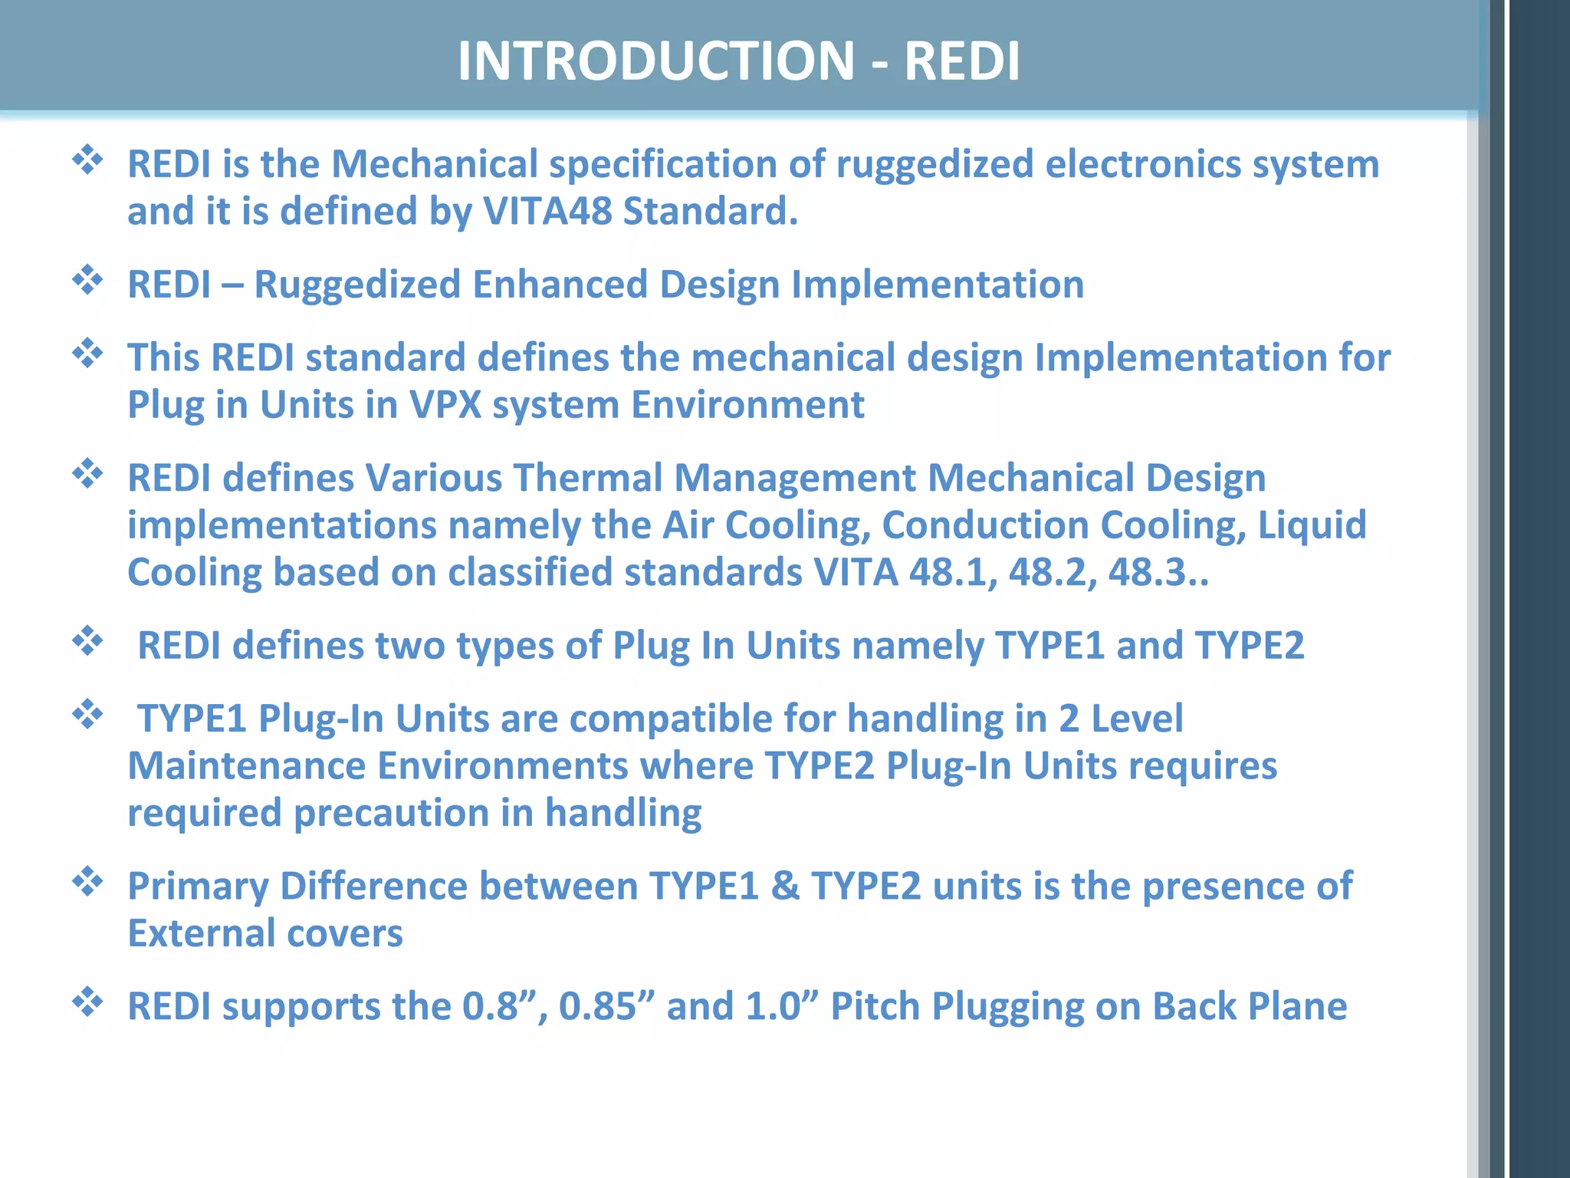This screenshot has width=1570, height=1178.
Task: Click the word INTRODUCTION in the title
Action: click(x=655, y=61)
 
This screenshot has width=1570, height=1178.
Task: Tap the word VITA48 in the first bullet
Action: click(x=547, y=212)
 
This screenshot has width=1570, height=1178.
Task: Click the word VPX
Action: click(x=445, y=405)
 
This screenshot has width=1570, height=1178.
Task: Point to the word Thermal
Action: click(x=587, y=479)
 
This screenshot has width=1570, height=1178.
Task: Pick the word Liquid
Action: click(x=1312, y=525)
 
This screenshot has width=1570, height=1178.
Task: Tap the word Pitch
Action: click(x=875, y=1007)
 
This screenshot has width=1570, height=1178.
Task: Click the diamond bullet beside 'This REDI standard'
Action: click(x=87, y=353)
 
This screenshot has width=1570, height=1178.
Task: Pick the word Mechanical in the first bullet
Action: click(x=435, y=165)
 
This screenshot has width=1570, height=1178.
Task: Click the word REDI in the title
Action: click(x=962, y=61)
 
